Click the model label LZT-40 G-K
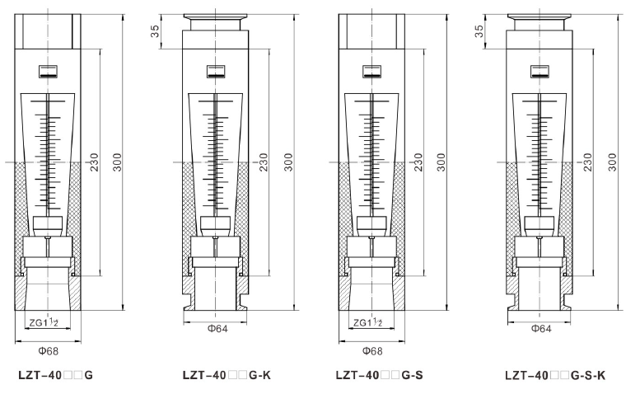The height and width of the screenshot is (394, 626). pyautogui.click(x=227, y=375)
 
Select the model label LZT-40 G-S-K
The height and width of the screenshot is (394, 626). pyautogui.click(x=555, y=375)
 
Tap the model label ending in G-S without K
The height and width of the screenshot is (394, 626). pyautogui.click(x=379, y=375)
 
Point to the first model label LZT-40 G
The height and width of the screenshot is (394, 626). pyautogui.click(x=55, y=375)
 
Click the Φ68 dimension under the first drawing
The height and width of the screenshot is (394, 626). pyautogui.click(x=49, y=351)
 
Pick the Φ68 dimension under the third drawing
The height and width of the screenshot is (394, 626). pyautogui.click(x=372, y=351)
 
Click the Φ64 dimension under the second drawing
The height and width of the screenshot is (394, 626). pyautogui.click(x=217, y=328)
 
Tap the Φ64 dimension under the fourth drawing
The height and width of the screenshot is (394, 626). pyautogui.click(x=541, y=328)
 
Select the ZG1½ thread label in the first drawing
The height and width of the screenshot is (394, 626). pyautogui.click(x=44, y=322)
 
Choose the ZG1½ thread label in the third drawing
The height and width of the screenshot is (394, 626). pyautogui.click(x=367, y=322)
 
